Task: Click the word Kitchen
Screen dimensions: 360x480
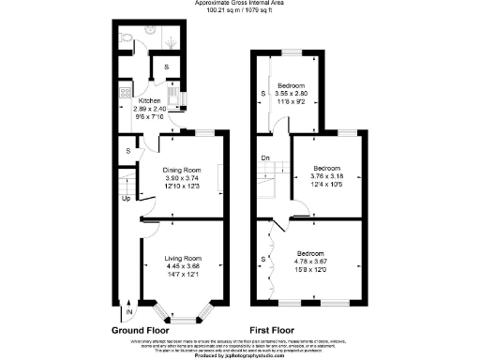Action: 150,101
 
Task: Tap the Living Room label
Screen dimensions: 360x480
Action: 184,258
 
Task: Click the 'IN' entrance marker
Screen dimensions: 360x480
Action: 130,310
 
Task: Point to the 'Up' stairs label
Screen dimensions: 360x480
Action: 126,199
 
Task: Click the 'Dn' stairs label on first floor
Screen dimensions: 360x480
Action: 265,157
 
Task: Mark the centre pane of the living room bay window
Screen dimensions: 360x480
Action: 184,312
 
